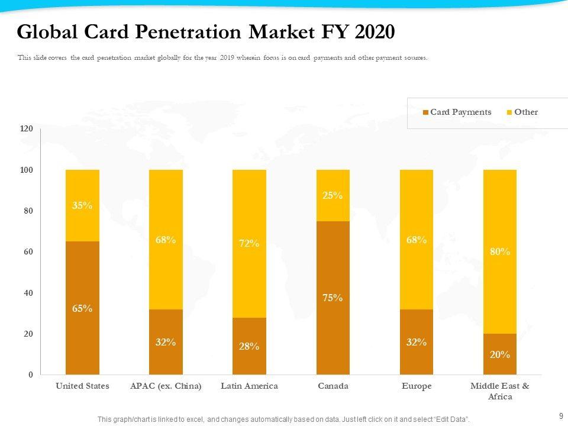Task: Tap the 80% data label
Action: coord(500,251)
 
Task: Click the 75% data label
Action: coord(333,298)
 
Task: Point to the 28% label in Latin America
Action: coord(249,346)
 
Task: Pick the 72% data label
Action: coord(249,243)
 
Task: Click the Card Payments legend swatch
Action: coord(426,112)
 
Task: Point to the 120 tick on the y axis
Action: coord(27,128)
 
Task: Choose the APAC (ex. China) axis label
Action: coord(166,386)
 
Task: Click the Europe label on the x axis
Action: coord(417,386)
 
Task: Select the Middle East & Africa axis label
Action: coord(500,391)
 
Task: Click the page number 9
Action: coord(561,416)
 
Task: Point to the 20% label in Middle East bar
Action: coord(500,354)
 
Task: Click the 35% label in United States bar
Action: coord(82,206)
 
